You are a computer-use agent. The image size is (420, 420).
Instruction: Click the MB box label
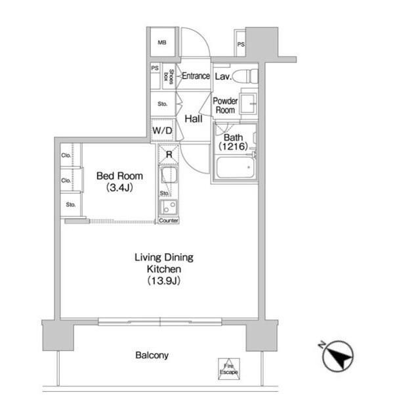pos(161,44)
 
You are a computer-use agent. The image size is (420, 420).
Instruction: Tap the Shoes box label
pos(171,76)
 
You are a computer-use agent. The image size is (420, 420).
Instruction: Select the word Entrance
pos(196,76)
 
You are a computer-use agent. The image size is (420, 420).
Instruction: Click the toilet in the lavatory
pos(248,76)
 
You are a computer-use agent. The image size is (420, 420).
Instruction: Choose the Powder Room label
pos(224,106)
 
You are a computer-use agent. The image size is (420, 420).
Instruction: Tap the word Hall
pos(193,120)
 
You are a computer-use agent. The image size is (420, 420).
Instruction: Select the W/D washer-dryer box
pos(162,131)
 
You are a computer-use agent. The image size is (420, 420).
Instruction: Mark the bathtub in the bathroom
pos(234,170)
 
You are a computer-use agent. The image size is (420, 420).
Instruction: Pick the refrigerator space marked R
pos(169,154)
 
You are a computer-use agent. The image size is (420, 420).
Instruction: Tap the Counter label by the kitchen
pos(169,221)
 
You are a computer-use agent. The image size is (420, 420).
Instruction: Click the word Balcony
pos(152,356)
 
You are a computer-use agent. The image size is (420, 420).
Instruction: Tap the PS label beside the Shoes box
pos(156,68)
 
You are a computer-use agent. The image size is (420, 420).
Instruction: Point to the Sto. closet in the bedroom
pos(70,204)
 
